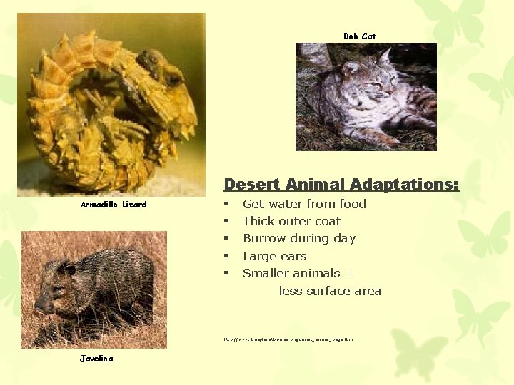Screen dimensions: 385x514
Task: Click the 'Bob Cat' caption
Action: point(359,36)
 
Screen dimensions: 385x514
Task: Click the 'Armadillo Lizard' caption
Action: point(114,205)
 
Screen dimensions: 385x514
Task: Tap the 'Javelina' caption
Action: point(96,359)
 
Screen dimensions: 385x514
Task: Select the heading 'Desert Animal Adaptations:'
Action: point(341,184)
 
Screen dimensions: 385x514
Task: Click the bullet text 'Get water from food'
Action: point(304,204)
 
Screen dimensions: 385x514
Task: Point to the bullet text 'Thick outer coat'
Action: point(291,221)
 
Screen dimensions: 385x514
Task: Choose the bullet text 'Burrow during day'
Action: point(298,238)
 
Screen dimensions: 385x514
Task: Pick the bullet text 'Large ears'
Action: point(274,256)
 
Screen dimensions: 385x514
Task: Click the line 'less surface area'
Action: point(330,291)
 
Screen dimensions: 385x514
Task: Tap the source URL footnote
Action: point(288,339)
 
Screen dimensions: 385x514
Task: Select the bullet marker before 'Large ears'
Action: point(226,256)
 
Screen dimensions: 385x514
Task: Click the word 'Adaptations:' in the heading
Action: point(410,184)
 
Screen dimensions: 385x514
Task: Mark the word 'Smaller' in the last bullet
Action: point(266,273)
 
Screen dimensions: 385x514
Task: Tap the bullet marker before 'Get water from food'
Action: point(226,204)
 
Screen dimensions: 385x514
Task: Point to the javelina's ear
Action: point(69,269)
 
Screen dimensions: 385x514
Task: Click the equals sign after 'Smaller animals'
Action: point(349,273)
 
